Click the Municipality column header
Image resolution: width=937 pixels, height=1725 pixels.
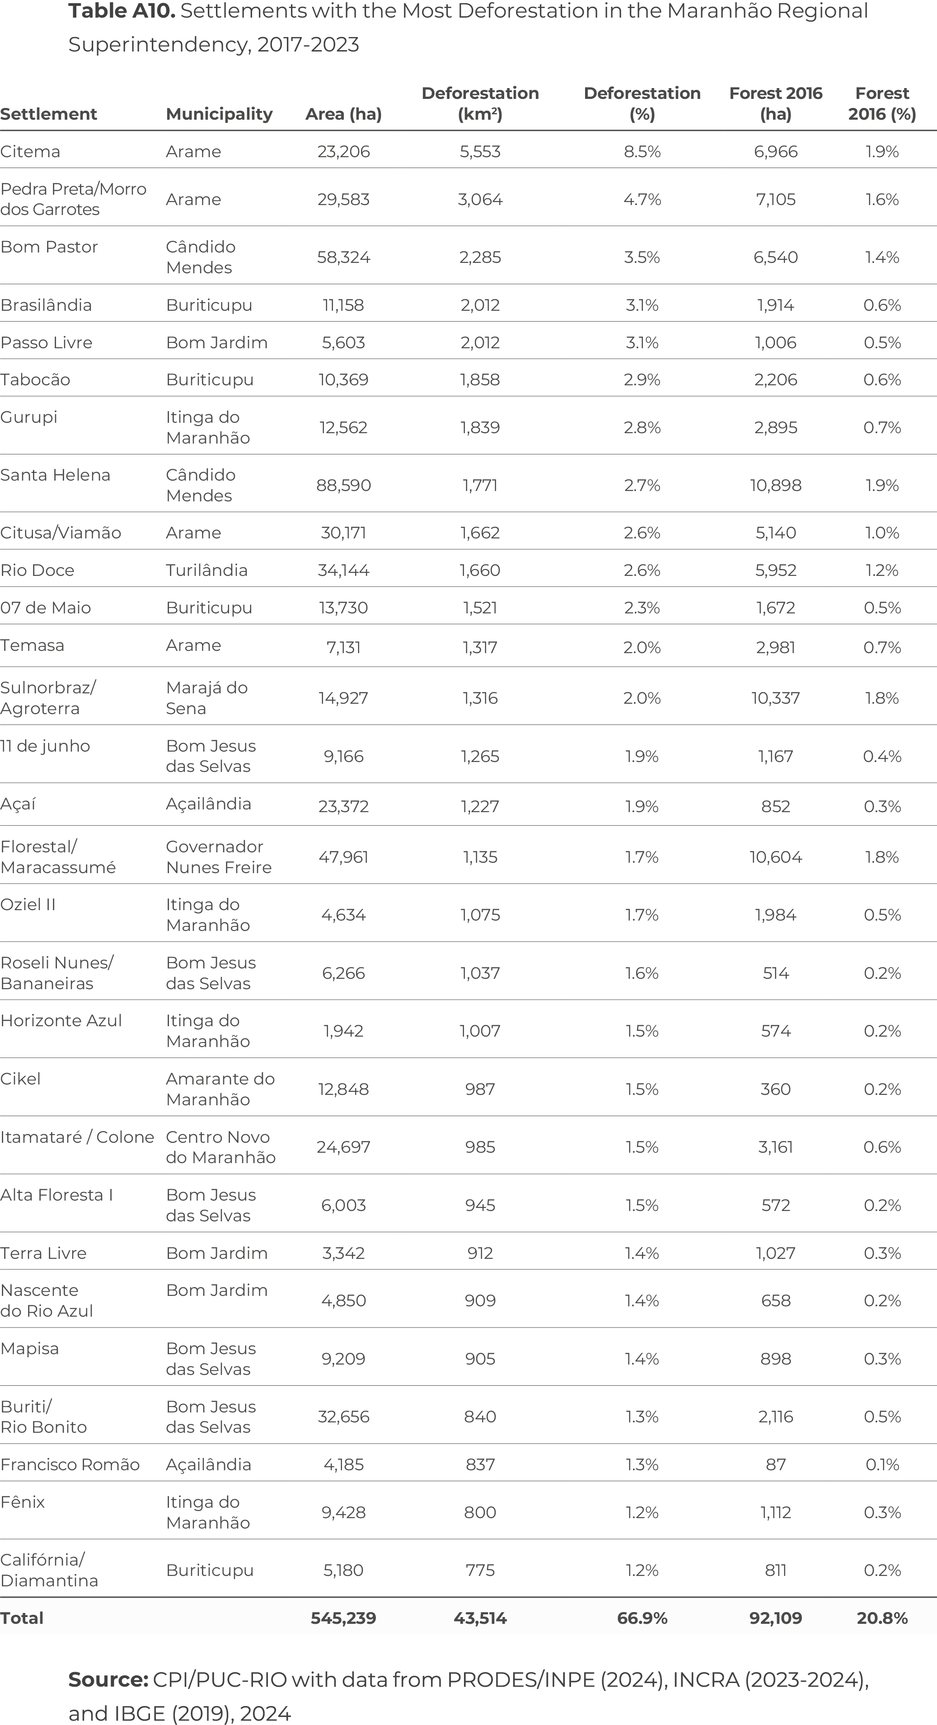[219, 115]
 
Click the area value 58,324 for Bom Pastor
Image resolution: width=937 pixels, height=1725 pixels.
[344, 257]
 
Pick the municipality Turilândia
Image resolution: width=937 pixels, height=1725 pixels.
[207, 570]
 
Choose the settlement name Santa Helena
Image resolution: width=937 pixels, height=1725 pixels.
[55, 475]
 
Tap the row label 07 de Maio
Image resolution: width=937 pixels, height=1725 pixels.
[46, 608]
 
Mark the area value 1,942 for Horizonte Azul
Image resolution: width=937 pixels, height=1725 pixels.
[344, 1031]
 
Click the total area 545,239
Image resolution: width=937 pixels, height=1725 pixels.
[344, 1618]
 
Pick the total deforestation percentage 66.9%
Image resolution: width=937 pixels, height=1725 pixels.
[642, 1618]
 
